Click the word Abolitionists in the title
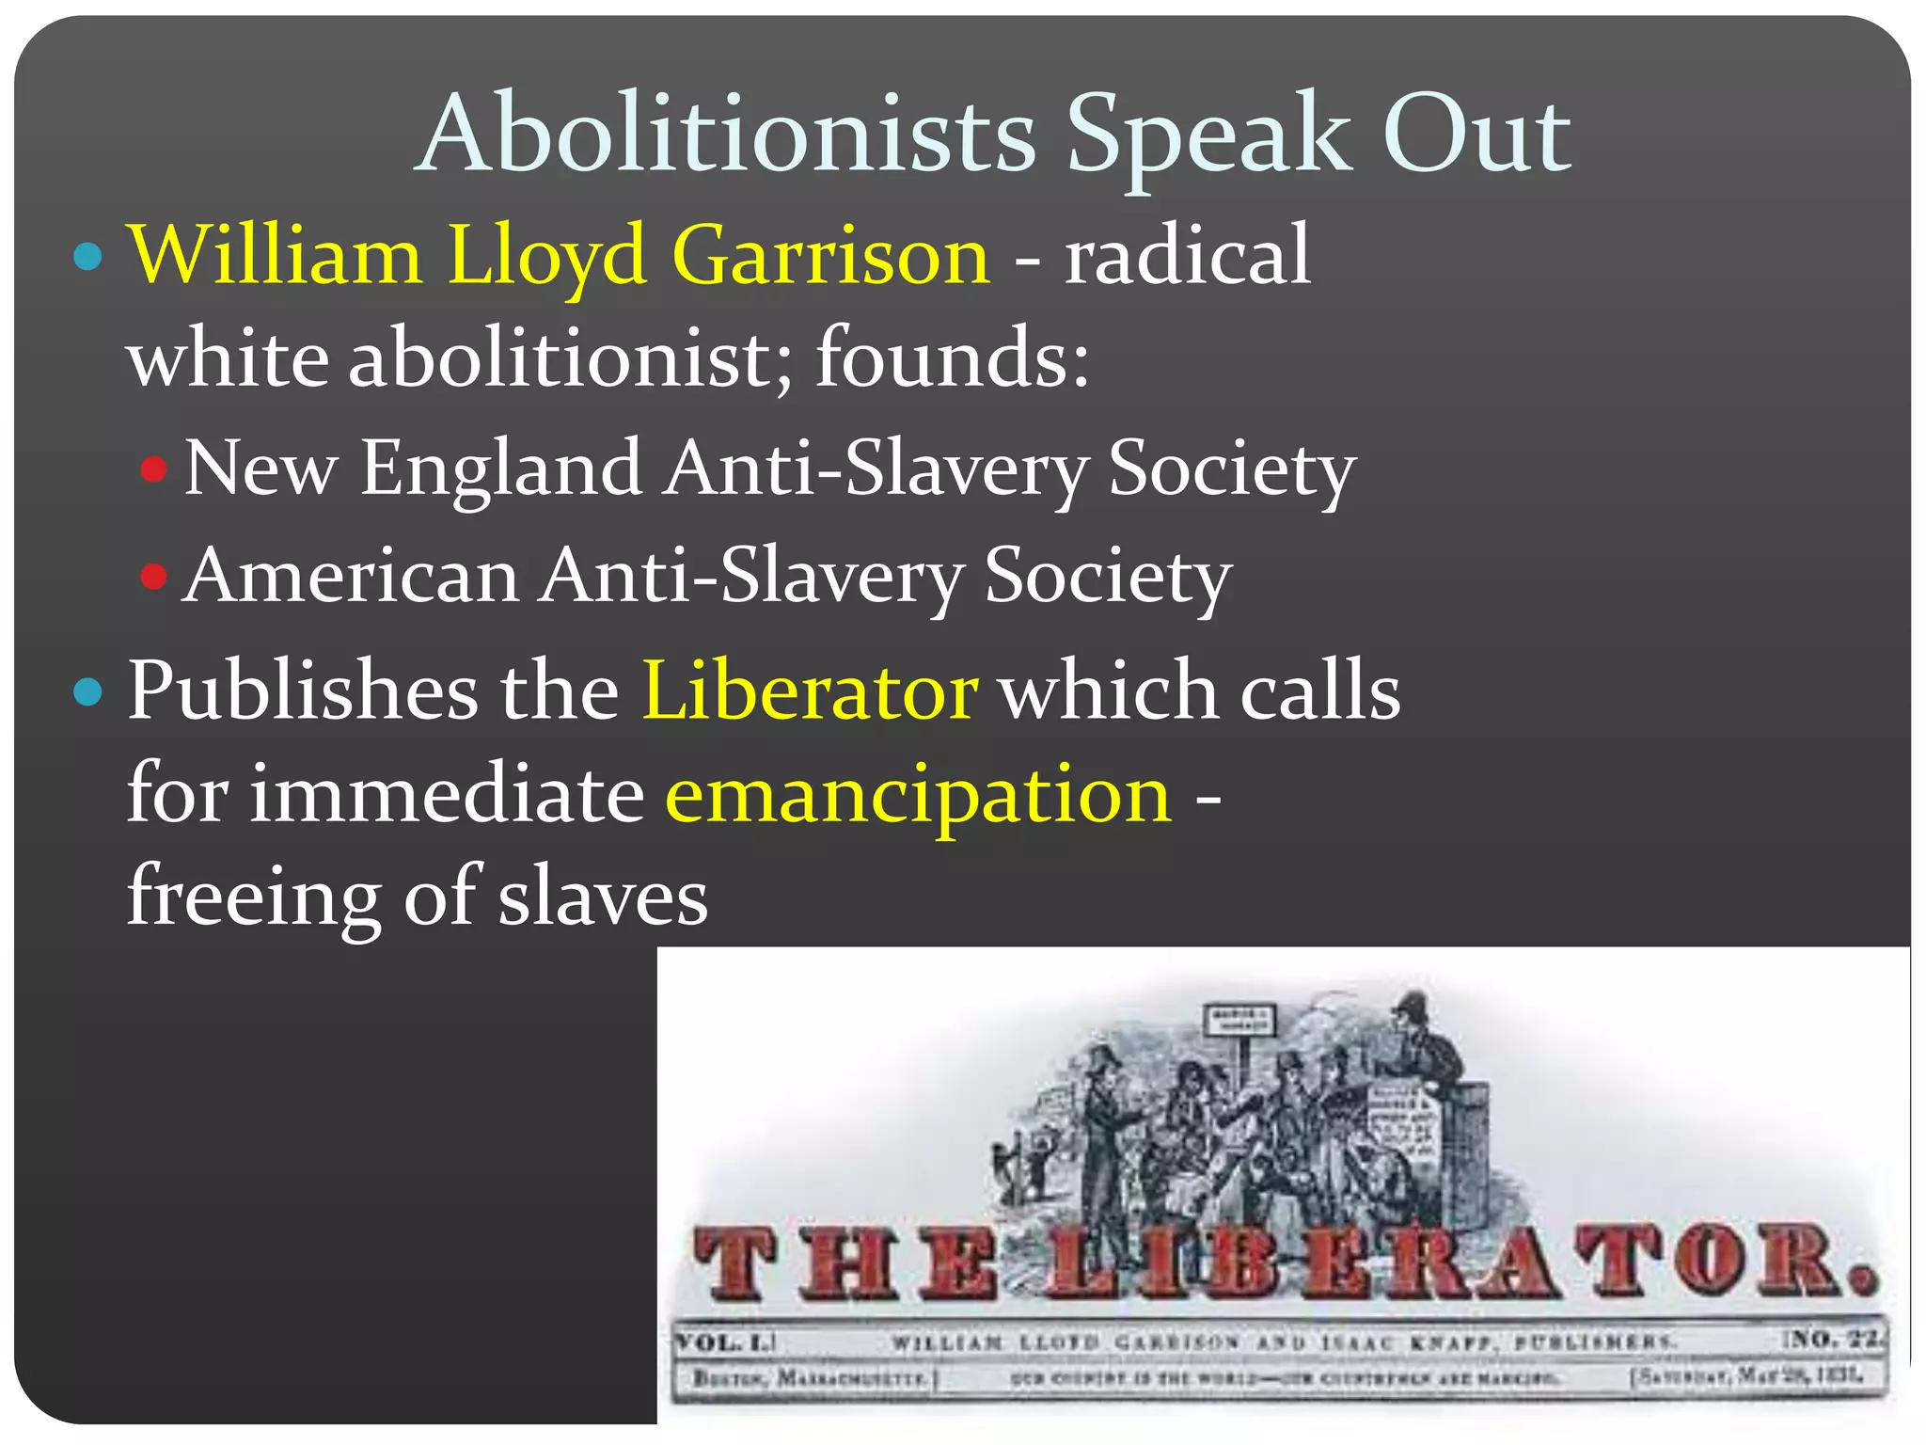pyautogui.click(x=726, y=135)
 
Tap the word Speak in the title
pyautogui.click(x=1209, y=135)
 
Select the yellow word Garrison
pyautogui.click(x=831, y=256)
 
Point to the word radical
pyautogui.click(x=1187, y=256)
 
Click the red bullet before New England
pyautogui.click(x=153, y=468)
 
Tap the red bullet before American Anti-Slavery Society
pyautogui.click(x=153, y=575)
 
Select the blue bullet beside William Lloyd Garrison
pyautogui.click(x=87, y=256)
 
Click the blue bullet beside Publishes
pyautogui.click(x=87, y=691)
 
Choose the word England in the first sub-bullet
pyautogui.click(x=501, y=468)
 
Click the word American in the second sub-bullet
pyautogui.click(x=352, y=576)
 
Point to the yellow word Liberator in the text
pyautogui.click(x=810, y=691)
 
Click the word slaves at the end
pyautogui.click(x=603, y=897)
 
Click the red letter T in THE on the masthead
pyautogui.click(x=737, y=1264)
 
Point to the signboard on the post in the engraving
pyautogui.click(x=1239, y=1020)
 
